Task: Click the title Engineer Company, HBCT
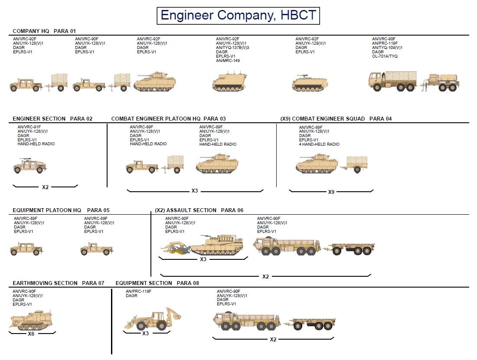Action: (238, 15)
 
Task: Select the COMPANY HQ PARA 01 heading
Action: (44, 31)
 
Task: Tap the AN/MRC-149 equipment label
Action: (228, 61)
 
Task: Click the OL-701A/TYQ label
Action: (385, 56)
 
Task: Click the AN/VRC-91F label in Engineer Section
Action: (29, 127)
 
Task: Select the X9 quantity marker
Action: (331, 192)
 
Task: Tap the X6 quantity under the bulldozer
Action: (31, 334)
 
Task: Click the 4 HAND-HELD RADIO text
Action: (319, 144)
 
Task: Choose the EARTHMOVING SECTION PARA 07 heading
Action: (59, 283)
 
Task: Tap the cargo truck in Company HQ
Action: (392, 81)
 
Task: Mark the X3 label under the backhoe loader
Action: (145, 334)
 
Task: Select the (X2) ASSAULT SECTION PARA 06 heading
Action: (199, 210)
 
